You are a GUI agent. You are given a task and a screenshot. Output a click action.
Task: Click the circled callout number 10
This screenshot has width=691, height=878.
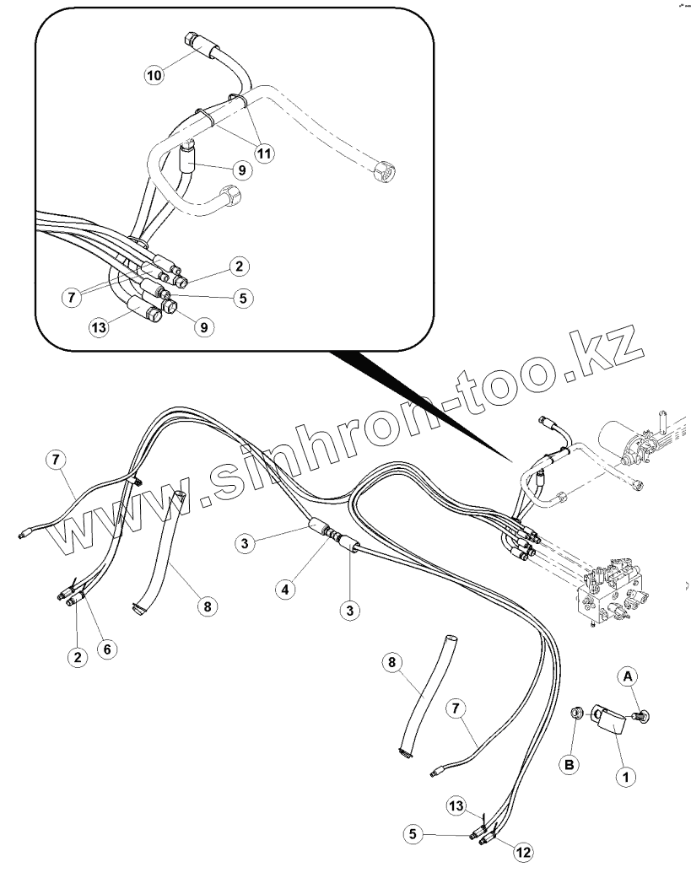[x=154, y=75]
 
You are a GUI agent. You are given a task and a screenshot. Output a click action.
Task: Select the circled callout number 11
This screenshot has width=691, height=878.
[x=264, y=154]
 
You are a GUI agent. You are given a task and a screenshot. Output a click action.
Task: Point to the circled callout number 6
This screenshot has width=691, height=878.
[x=106, y=649]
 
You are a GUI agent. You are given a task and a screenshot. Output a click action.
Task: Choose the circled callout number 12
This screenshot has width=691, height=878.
[x=523, y=853]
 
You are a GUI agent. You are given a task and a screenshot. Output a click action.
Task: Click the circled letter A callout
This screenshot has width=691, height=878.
[x=627, y=676]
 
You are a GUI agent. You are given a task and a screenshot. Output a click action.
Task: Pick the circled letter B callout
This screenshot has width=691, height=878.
[x=570, y=764]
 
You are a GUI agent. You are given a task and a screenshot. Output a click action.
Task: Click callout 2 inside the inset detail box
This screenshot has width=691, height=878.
[x=239, y=267]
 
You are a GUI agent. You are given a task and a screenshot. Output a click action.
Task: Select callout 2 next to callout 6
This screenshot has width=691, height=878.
[x=78, y=657]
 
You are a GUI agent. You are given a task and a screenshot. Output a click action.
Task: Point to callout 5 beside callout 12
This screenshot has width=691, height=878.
[x=413, y=835]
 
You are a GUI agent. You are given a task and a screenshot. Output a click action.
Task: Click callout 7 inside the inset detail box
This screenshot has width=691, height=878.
[x=73, y=298]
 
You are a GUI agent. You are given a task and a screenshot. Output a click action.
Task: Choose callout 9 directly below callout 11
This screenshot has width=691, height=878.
[x=240, y=170]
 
